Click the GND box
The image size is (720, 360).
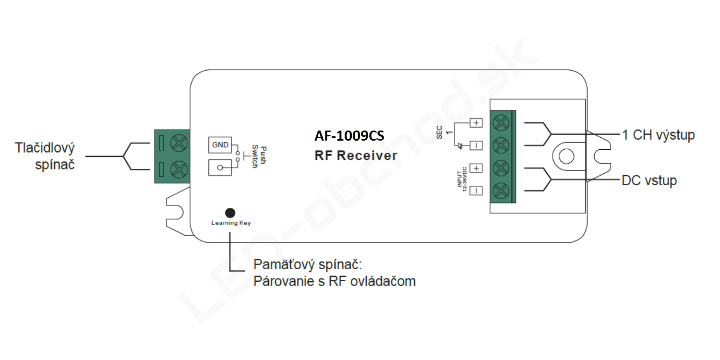[220, 145]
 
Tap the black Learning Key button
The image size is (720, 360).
[230, 213]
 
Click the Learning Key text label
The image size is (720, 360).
[231, 223]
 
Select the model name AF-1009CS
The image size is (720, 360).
[349, 136]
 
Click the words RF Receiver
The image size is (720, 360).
[356, 156]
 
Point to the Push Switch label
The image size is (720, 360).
[259, 157]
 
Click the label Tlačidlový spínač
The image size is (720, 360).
[45, 156]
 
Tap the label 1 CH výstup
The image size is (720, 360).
[658, 135]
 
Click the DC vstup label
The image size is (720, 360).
[649, 180]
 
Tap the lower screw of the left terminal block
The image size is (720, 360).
[179, 169]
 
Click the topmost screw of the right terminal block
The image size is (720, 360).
[501, 122]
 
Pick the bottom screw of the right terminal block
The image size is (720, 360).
[501, 191]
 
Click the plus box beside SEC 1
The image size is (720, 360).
[476, 123]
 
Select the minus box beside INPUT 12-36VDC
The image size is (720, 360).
[476, 191]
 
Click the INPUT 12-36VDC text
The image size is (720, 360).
[462, 180]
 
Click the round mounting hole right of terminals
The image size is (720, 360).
[566, 156]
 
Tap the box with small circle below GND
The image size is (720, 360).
[220, 168]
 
